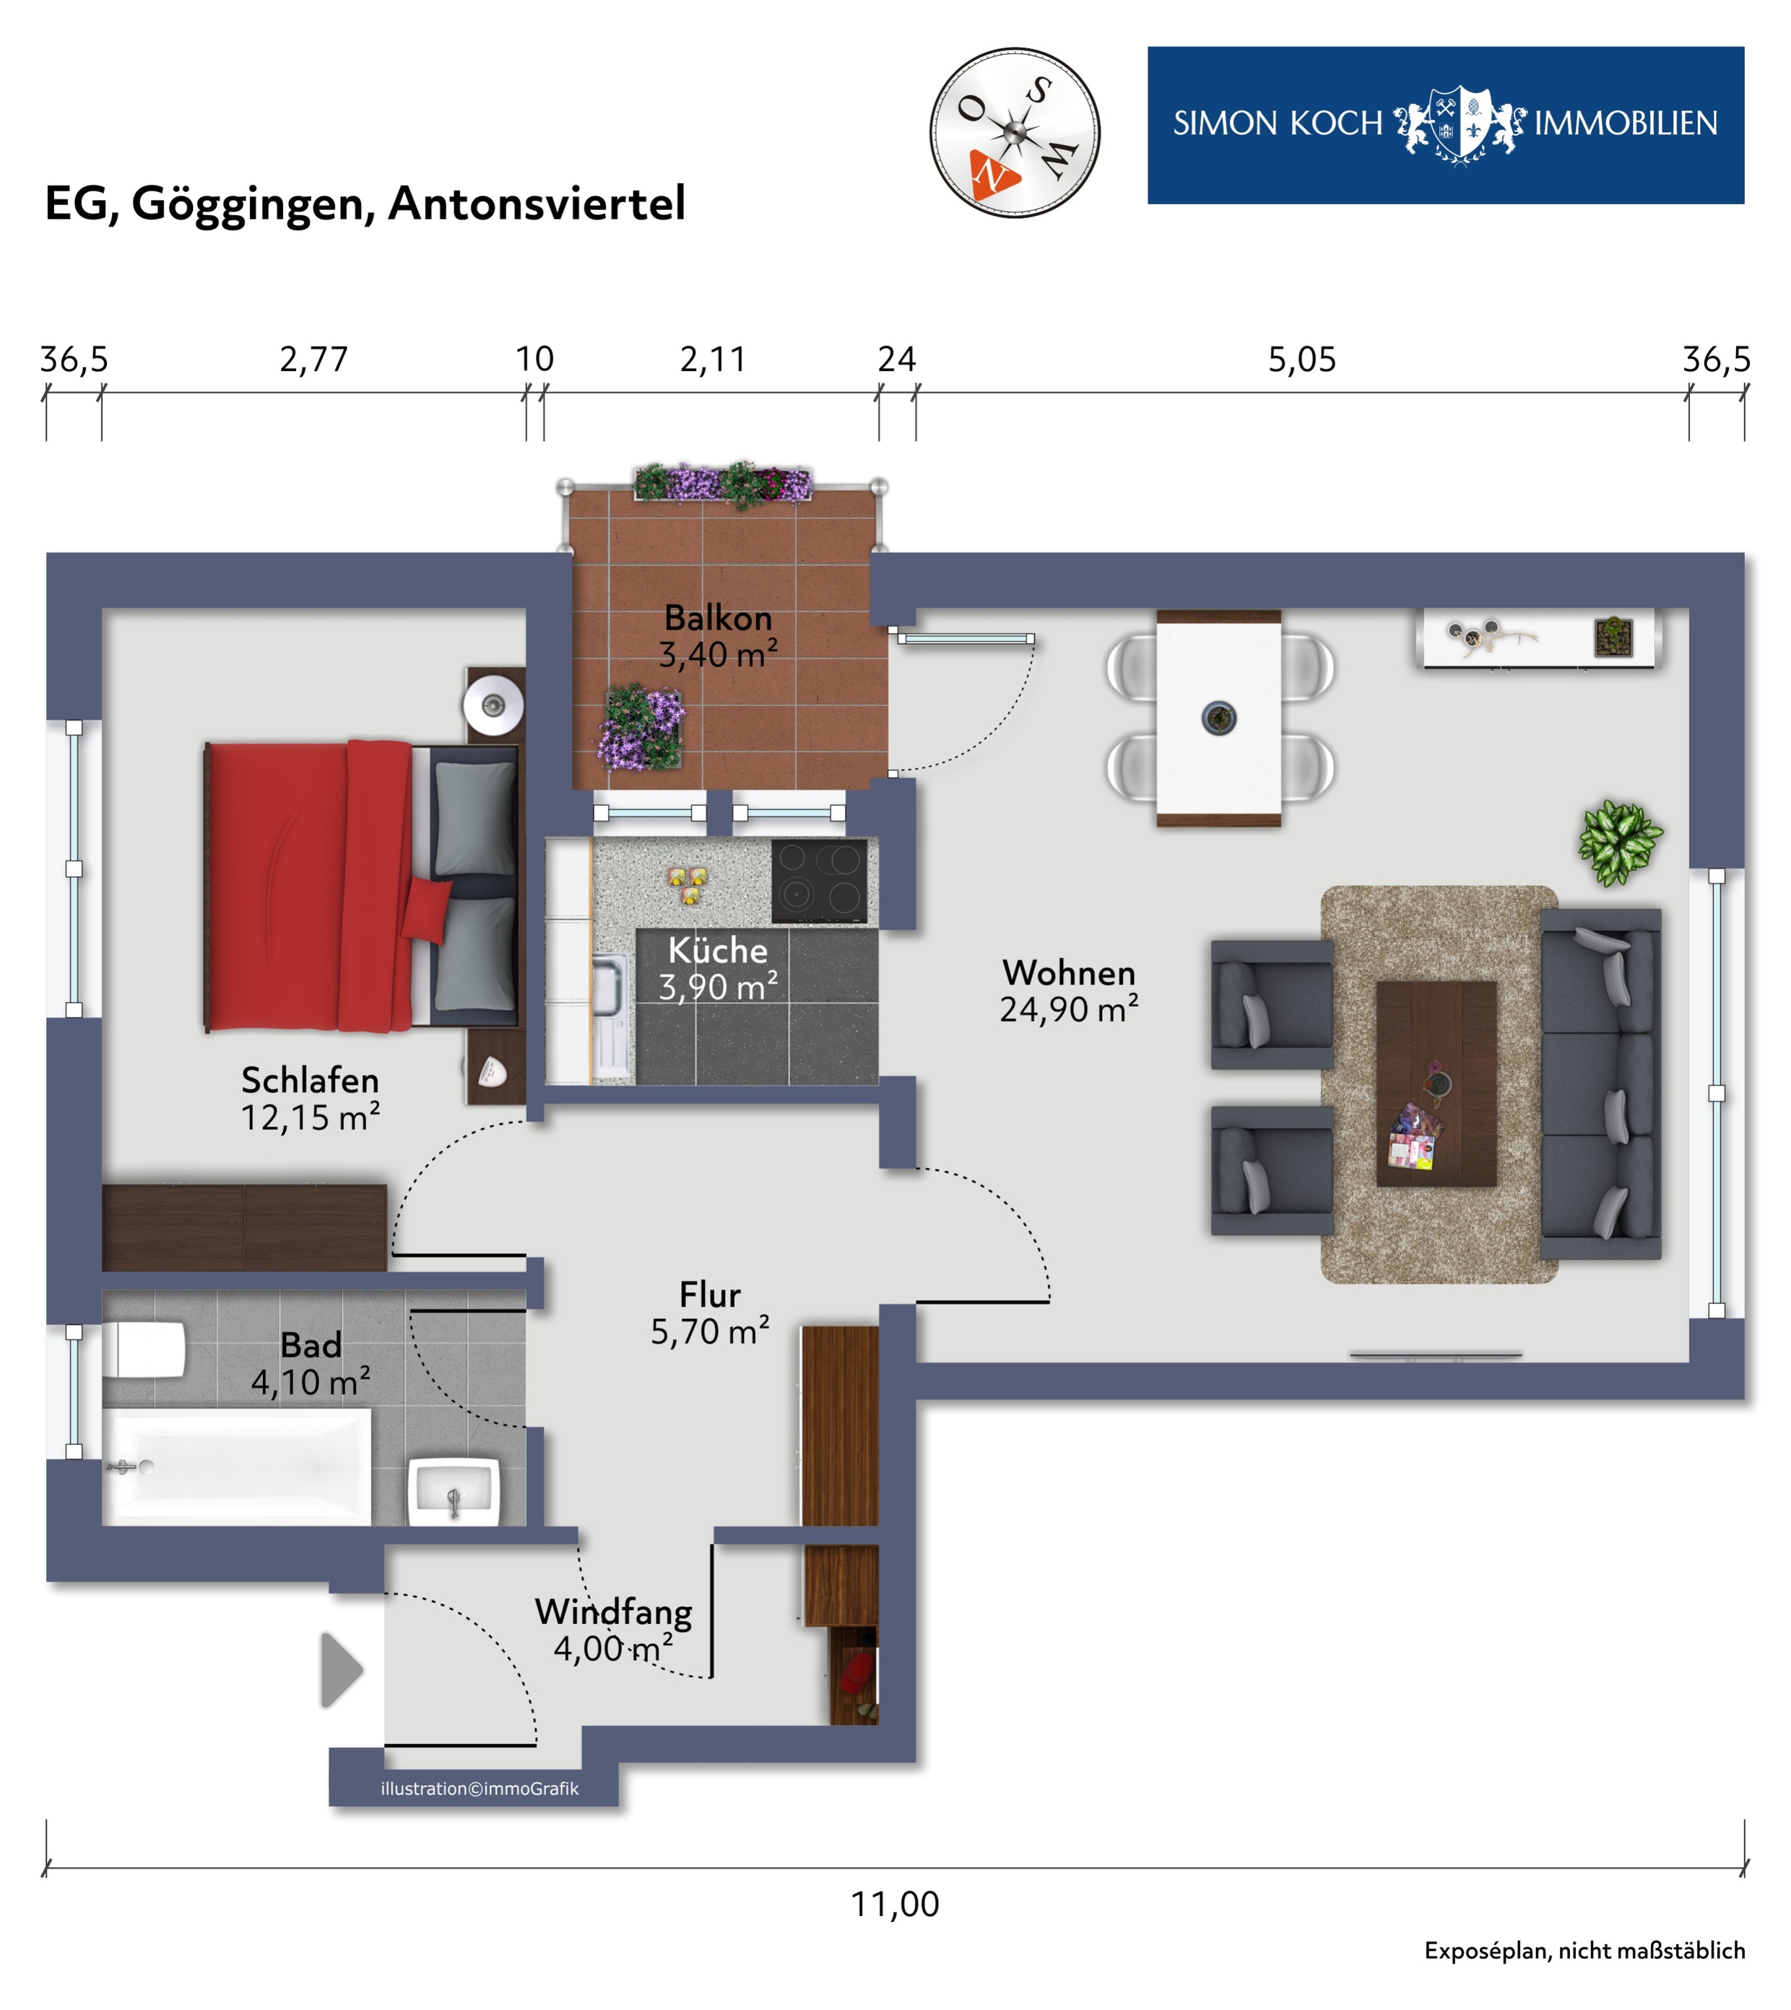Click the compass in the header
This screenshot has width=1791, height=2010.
pyautogui.click(x=1015, y=133)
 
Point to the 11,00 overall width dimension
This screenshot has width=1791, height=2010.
pyautogui.click(x=895, y=1904)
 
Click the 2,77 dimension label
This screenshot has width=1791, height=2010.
pyautogui.click(x=314, y=360)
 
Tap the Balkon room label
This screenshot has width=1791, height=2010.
pyautogui.click(x=719, y=618)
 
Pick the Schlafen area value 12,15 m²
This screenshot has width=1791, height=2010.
pyautogui.click(x=310, y=1118)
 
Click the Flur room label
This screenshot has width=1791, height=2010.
pyautogui.click(x=709, y=1295)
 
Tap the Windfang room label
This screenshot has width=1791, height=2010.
pyautogui.click(x=613, y=1612)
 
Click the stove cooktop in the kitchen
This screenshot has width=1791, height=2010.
pyautogui.click(x=820, y=882)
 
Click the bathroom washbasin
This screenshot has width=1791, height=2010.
pyautogui.click(x=454, y=1492)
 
